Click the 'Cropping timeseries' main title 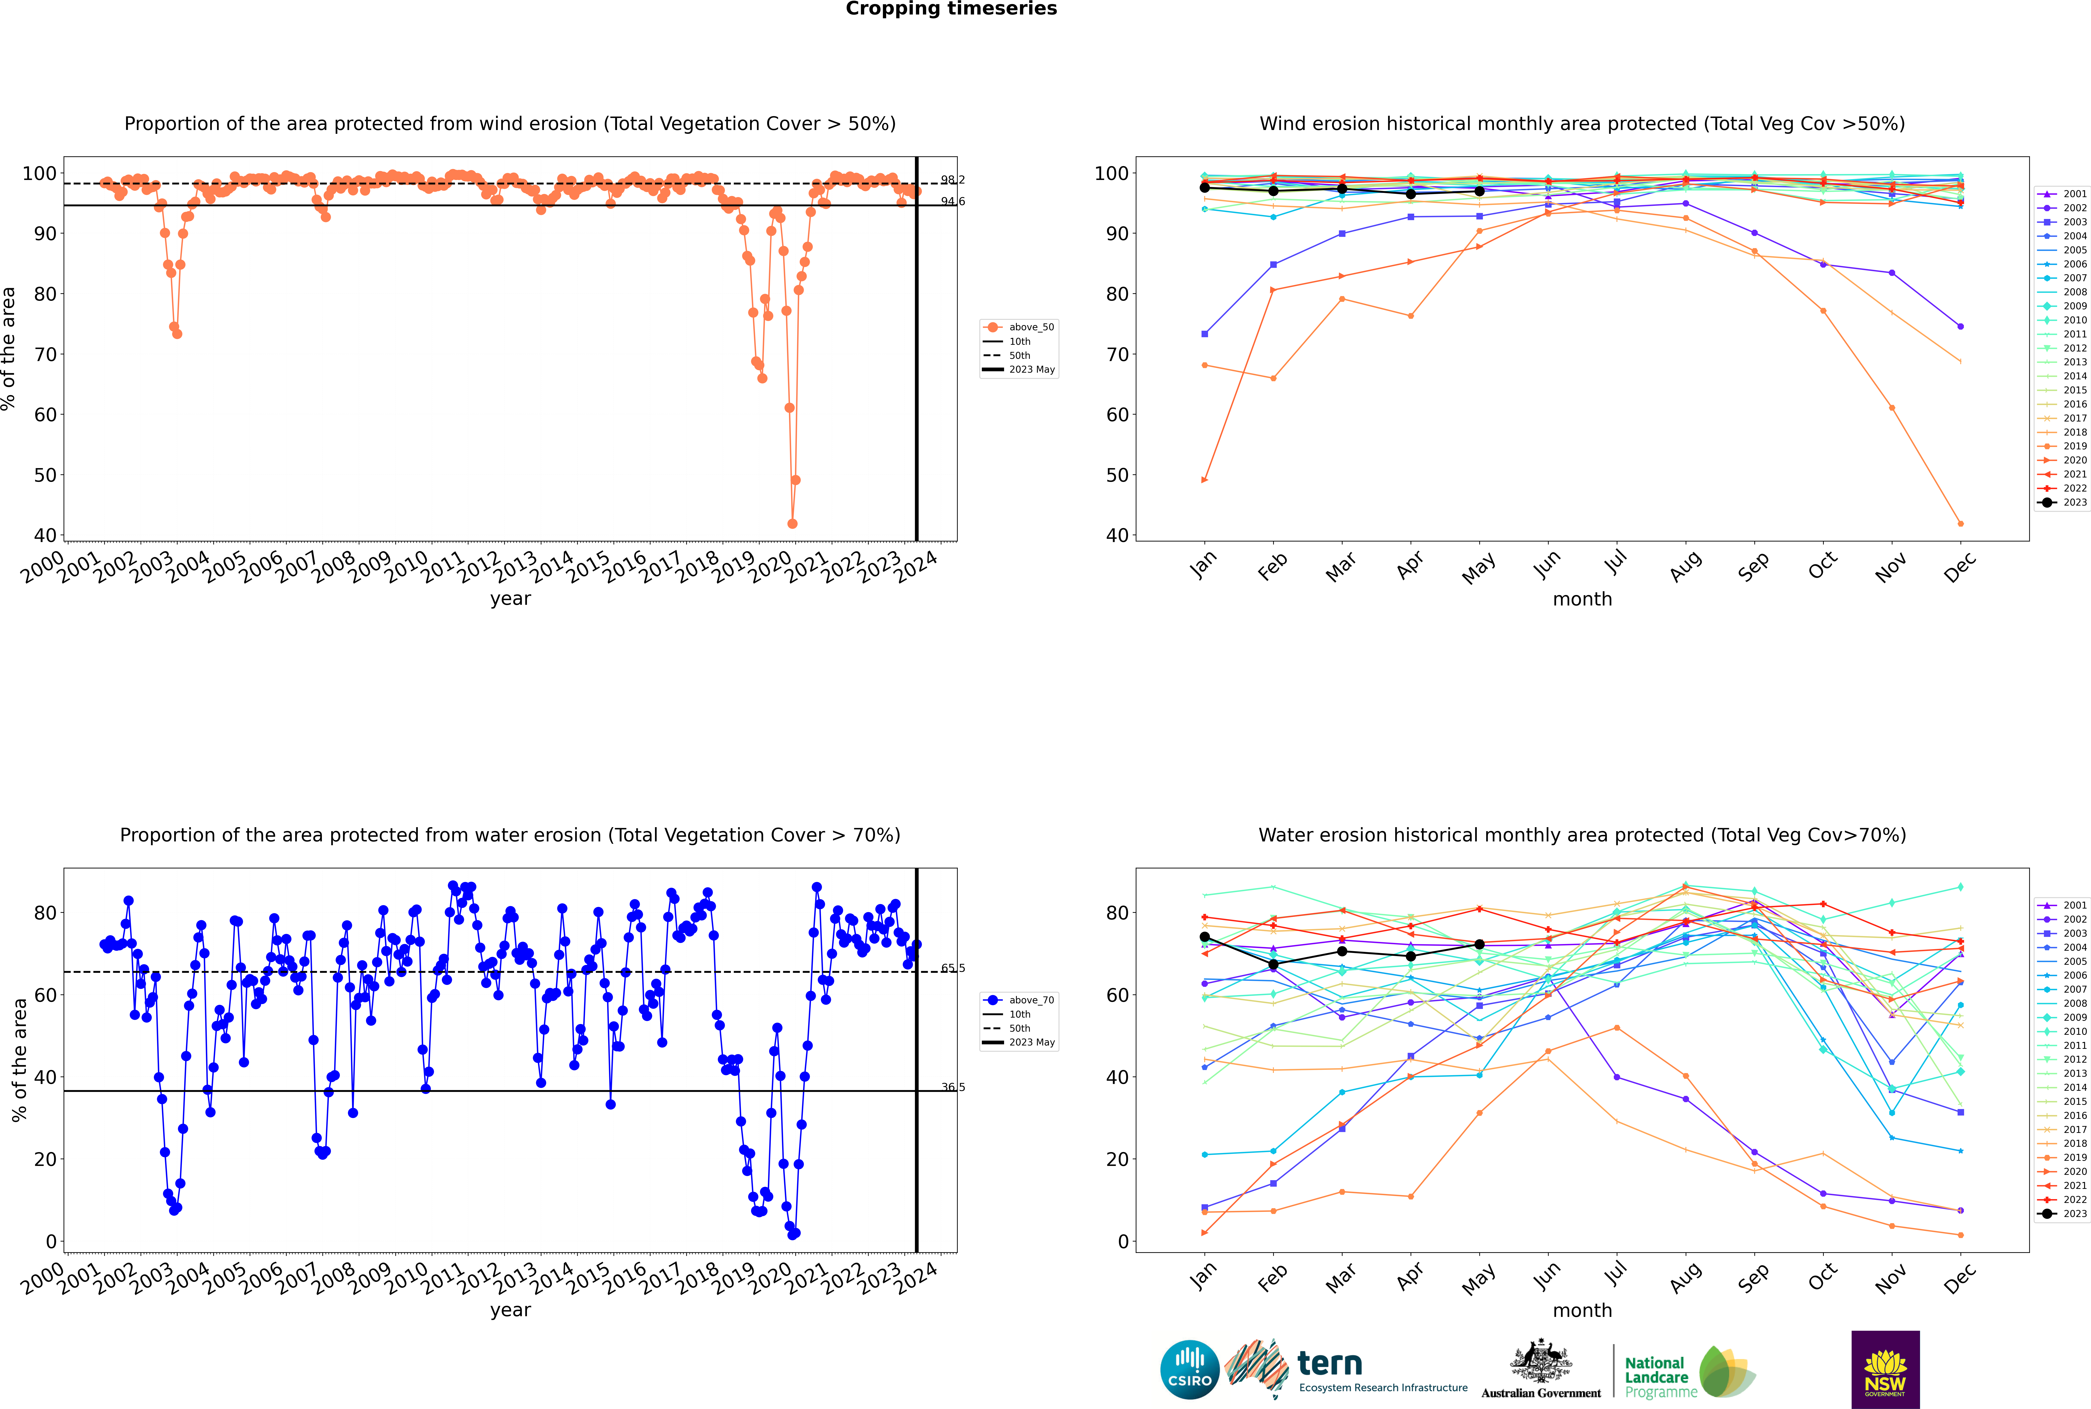951,9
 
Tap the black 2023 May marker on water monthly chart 1480,944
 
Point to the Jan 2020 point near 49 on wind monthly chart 1205,480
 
